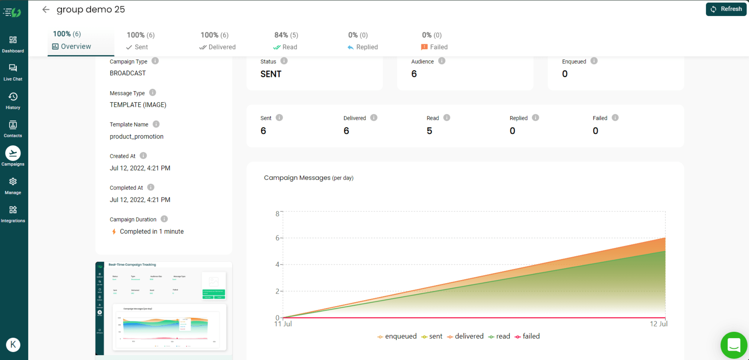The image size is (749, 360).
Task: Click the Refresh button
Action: tap(726, 9)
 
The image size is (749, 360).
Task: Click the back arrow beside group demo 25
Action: tap(46, 9)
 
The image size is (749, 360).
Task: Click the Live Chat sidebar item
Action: tap(13, 72)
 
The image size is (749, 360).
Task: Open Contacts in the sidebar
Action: tap(13, 129)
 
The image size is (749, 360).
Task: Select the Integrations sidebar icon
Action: tap(13, 214)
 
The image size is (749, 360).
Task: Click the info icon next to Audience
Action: tap(442, 61)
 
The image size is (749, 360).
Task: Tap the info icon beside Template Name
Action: tap(156, 124)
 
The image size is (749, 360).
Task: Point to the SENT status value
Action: tap(271, 74)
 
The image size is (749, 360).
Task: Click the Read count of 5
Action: tap(429, 131)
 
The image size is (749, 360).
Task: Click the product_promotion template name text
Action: tap(137, 136)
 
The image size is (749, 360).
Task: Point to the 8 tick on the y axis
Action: tap(277, 214)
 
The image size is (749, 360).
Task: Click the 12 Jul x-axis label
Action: tap(658, 324)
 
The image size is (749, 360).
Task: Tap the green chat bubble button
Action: tap(734, 345)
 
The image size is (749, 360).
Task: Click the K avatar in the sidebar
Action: tap(13, 345)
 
